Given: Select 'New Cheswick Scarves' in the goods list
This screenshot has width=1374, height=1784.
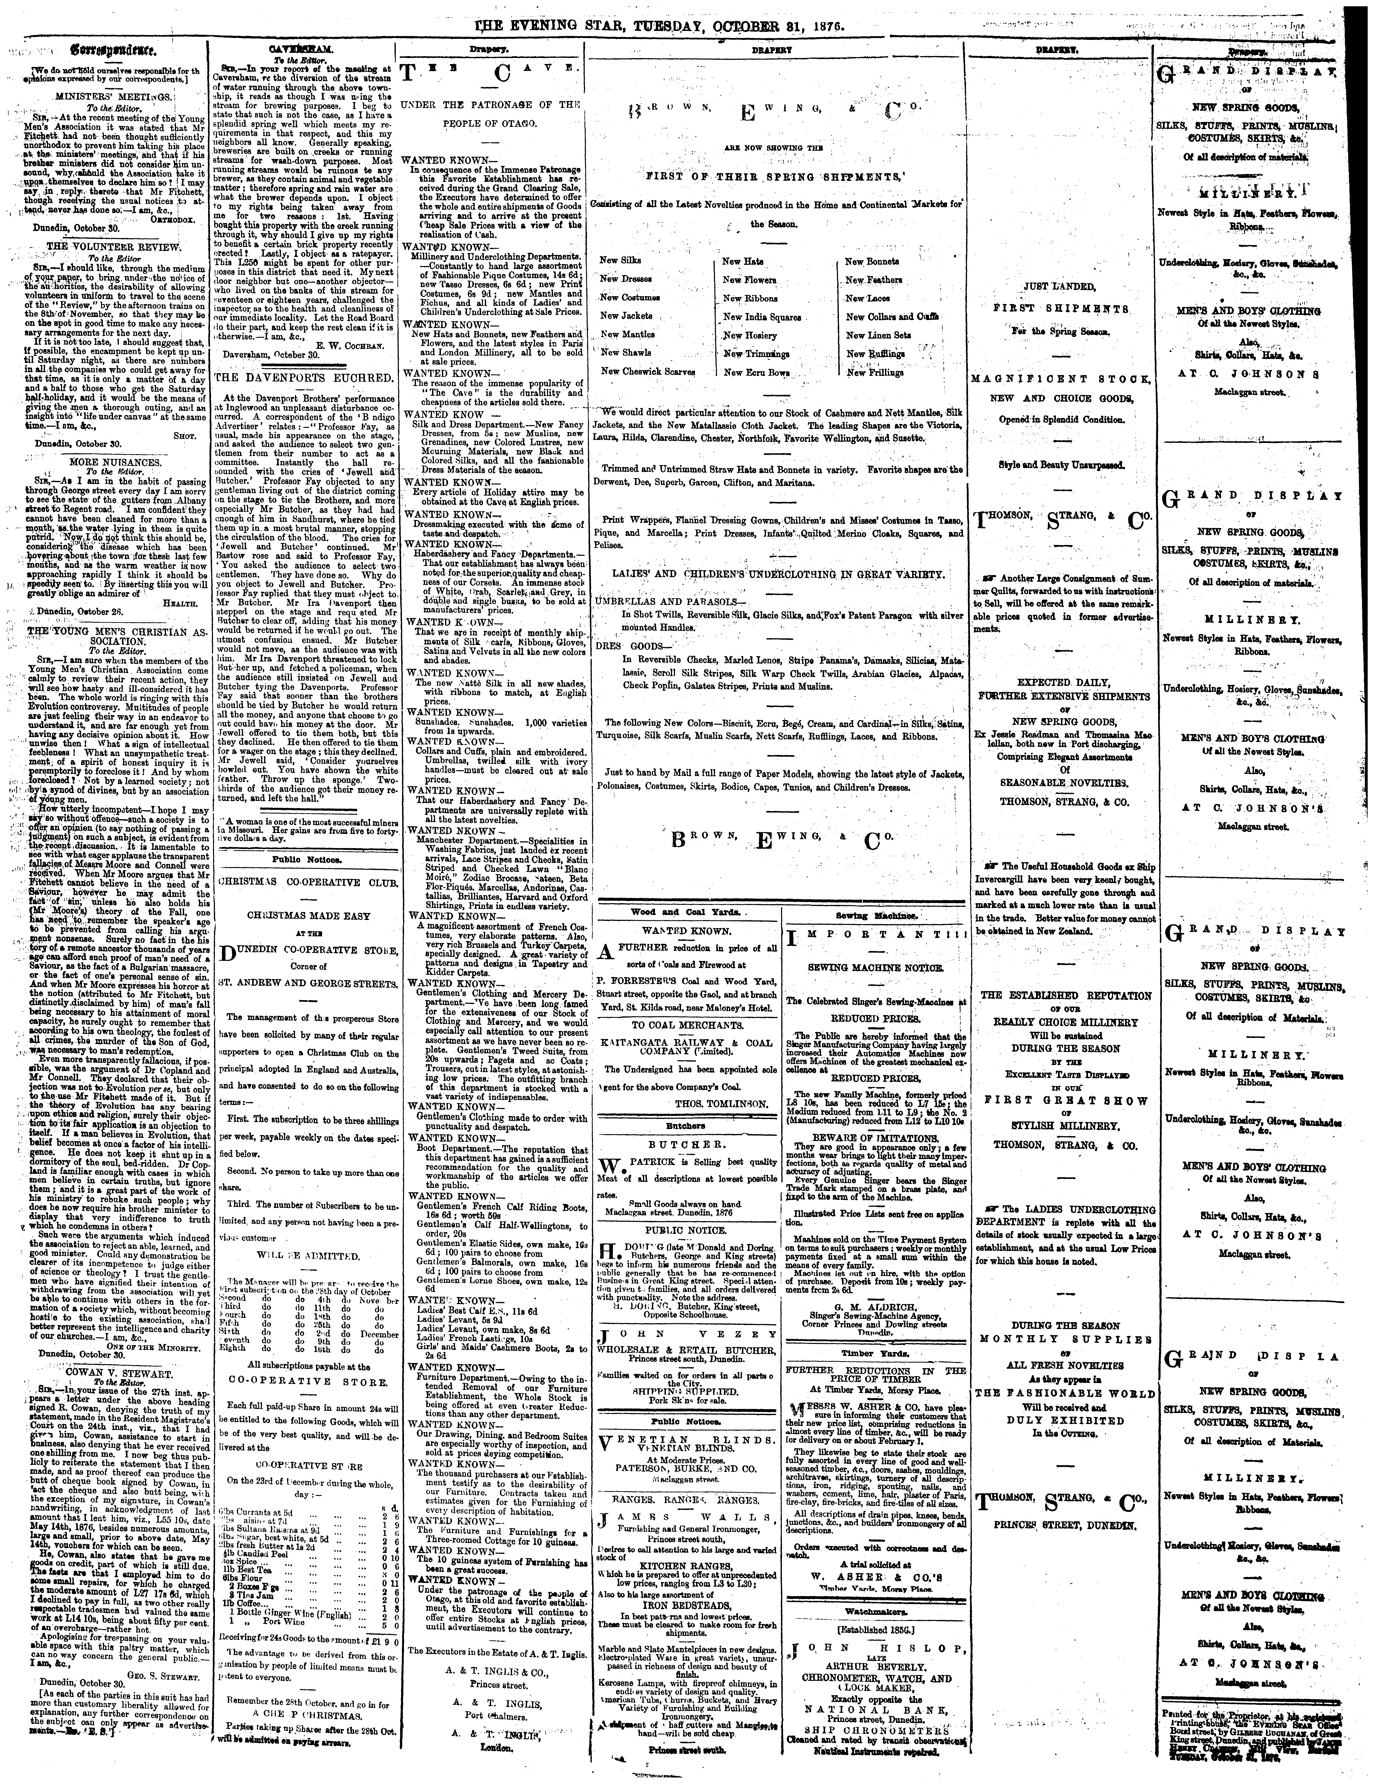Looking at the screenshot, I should [647, 371].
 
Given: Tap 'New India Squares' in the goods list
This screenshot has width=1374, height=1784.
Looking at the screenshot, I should [761, 317].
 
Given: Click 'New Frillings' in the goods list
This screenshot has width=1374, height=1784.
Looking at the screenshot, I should [875, 372].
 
